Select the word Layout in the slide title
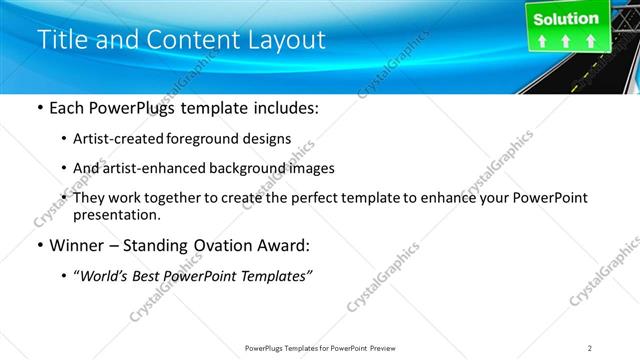(x=282, y=40)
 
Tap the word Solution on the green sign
(x=565, y=19)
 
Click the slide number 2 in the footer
(x=590, y=348)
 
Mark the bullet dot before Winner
(x=39, y=245)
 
